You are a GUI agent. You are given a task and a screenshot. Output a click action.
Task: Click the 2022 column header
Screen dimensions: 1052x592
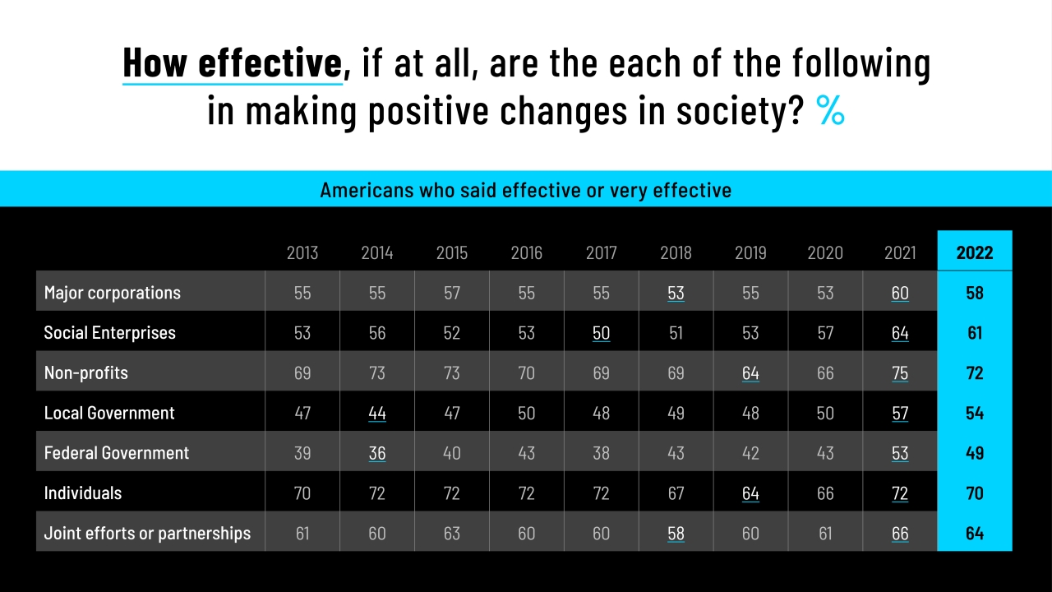point(975,252)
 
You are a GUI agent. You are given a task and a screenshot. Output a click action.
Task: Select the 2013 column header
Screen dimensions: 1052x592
point(302,252)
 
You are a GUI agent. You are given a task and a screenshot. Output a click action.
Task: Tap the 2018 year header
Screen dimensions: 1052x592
point(676,252)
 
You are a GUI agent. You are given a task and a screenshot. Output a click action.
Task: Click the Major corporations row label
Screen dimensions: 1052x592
point(113,293)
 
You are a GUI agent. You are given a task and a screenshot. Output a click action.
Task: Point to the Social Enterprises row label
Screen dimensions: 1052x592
point(110,333)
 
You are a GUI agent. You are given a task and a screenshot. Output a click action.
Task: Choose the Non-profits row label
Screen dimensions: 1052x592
point(86,372)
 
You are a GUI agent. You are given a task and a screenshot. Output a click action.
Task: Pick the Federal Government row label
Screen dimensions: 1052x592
point(117,453)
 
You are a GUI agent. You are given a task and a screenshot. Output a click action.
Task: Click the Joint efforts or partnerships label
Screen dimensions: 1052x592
point(147,534)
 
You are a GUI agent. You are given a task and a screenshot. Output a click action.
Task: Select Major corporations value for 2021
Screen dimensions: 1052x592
point(900,293)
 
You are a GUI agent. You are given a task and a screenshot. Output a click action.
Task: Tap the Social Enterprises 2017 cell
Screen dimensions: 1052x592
point(601,333)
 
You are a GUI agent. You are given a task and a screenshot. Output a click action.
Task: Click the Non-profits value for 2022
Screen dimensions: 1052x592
point(975,372)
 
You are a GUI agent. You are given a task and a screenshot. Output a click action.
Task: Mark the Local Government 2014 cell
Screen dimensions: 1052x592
point(377,413)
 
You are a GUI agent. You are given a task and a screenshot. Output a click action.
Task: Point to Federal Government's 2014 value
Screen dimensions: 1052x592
point(377,453)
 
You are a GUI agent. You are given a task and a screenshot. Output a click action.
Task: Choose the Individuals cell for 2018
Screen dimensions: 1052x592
point(676,493)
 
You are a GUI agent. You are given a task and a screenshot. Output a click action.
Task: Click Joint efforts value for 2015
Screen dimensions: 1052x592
point(452,534)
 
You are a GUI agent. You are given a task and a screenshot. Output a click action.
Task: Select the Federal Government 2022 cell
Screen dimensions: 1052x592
point(975,453)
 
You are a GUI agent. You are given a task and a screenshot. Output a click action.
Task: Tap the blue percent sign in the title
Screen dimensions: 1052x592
point(830,109)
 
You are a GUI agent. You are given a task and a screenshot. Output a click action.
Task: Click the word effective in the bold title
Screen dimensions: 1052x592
point(270,62)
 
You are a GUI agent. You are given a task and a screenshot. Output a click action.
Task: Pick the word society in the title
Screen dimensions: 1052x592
point(741,111)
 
